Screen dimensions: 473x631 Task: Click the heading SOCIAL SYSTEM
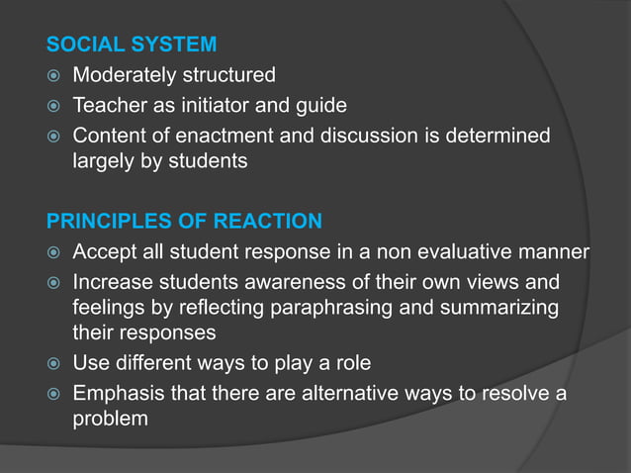coord(132,45)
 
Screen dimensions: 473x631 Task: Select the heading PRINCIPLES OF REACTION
coord(184,220)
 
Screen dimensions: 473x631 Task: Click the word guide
coord(321,105)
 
